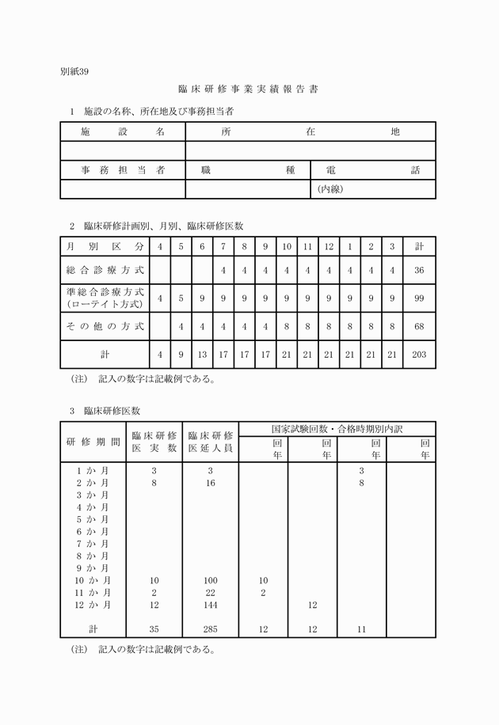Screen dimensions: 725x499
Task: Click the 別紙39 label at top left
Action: click(x=75, y=71)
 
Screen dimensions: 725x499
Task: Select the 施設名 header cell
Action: click(x=123, y=131)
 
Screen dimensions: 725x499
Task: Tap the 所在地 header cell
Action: click(x=310, y=131)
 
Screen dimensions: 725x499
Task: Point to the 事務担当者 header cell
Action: click(x=123, y=170)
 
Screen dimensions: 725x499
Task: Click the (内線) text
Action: click(x=330, y=189)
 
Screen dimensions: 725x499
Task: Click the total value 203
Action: click(x=419, y=354)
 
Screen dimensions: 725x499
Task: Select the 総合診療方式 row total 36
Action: click(x=419, y=270)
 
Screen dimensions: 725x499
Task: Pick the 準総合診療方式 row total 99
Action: click(x=419, y=298)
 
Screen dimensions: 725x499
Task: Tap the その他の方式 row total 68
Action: click(x=419, y=326)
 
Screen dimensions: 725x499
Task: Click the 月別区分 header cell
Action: click(x=105, y=246)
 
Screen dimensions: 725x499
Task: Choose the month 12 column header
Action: click(x=328, y=246)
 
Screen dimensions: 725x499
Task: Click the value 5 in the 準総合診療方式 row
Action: click(x=181, y=298)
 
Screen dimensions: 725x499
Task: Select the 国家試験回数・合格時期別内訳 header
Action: click(x=337, y=429)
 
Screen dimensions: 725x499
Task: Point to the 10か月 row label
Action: click(x=93, y=581)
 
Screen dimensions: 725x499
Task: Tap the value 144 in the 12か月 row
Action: click(x=210, y=605)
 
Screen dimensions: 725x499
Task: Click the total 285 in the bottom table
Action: click(x=210, y=630)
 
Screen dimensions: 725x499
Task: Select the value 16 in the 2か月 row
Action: click(x=210, y=483)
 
